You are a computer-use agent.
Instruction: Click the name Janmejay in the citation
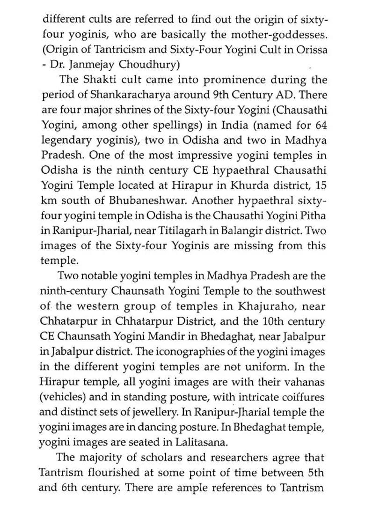coord(90,65)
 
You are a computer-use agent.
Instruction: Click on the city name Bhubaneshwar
coord(141,200)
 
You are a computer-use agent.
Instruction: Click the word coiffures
coord(306,396)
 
